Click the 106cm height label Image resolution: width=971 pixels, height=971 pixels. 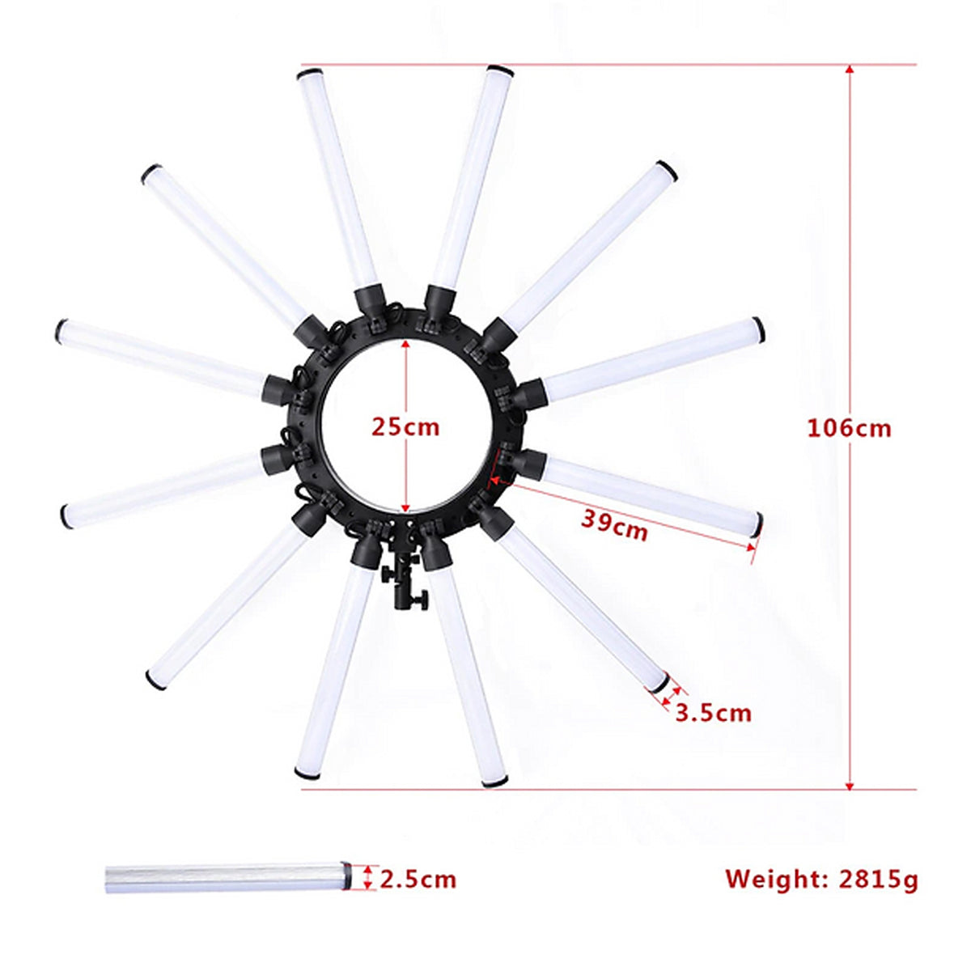pyautogui.click(x=849, y=428)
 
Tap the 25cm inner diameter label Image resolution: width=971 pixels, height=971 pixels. pyautogui.click(x=405, y=426)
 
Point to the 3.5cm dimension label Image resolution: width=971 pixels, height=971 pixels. pyautogui.click(x=713, y=713)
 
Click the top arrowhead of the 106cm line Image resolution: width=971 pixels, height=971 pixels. pyautogui.click(x=849, y=69)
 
